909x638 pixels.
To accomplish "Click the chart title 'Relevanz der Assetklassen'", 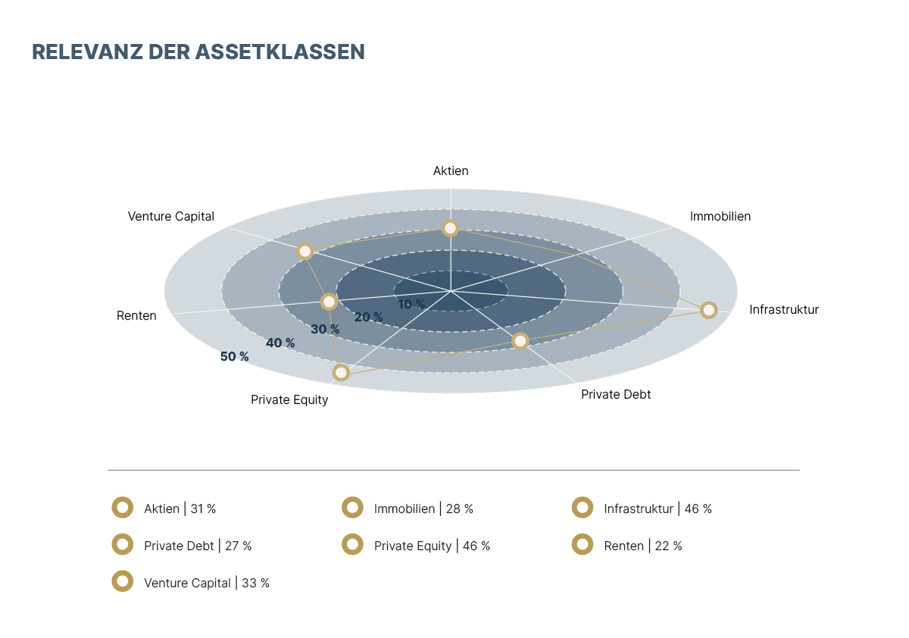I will coord(198,52).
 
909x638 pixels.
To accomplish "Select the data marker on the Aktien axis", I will coord(451,228).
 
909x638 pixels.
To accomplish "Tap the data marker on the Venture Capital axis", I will coord(305,252).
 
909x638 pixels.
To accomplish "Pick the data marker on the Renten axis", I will coord(329,302).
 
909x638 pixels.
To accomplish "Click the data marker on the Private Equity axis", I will coord(341,372).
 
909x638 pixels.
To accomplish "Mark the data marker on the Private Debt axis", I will coord(520,341).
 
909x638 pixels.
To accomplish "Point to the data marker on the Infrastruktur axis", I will coord(708,310).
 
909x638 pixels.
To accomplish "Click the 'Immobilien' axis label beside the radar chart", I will coord(720,217).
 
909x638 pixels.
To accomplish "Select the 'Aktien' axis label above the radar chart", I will coord(451,171).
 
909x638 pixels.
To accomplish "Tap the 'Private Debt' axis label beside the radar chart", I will coord(616,395).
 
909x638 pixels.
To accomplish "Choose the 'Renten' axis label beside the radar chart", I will coord(136,316).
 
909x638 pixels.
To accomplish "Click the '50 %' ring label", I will coord(234,356).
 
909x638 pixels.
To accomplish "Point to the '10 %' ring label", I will coord(411,304).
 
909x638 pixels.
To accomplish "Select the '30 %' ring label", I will coord(325,330).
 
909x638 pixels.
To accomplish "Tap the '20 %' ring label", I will coord(368,317).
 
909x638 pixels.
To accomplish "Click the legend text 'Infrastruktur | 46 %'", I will coord(658,509).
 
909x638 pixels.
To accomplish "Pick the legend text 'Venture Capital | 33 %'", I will coord(207,583).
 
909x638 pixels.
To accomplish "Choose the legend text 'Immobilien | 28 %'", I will coord(423,509).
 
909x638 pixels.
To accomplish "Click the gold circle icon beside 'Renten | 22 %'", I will coord(583,544).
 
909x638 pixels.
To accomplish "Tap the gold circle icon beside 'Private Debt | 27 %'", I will coord(122,544).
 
